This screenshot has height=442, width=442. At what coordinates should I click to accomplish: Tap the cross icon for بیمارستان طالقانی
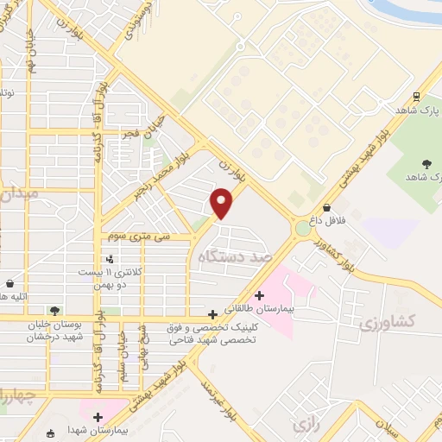pyautogui.click(x=258, y=296)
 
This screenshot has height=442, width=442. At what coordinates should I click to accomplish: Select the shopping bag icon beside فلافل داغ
pyautogui.click(x=327, y=207)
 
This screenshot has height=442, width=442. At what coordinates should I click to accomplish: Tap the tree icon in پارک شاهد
pyautogui.click(x=426, y=164)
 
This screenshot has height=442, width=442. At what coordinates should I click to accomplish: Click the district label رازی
pyautogui.click(x=302, y=425)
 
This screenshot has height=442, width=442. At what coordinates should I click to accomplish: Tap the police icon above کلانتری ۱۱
pyautogui.click(x=109, y=259)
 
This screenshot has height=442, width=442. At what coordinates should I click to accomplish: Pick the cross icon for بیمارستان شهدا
pyautogui.click(x=98, y=418)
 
